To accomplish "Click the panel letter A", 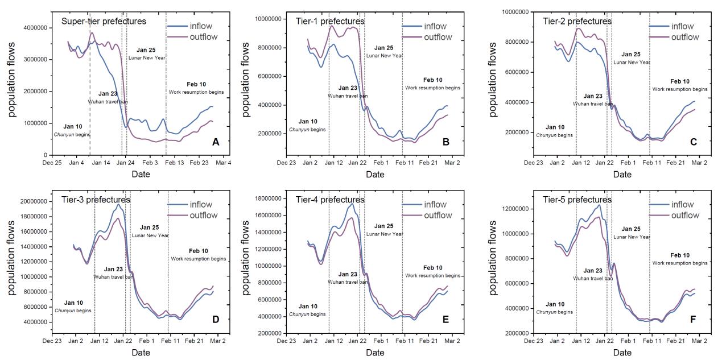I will coord(216,142).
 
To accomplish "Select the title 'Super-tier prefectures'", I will coord(104,22).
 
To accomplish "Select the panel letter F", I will coord(693,320).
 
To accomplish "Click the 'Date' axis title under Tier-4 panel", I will coord(375,353).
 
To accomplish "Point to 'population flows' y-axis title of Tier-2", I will coord(493,78).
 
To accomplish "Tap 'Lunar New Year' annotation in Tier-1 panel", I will coord(385,56).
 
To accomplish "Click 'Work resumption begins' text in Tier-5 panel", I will coord(680,263).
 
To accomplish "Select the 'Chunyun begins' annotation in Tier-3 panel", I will coord(73,311).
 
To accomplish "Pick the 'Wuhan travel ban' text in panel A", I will coord(108,102).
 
